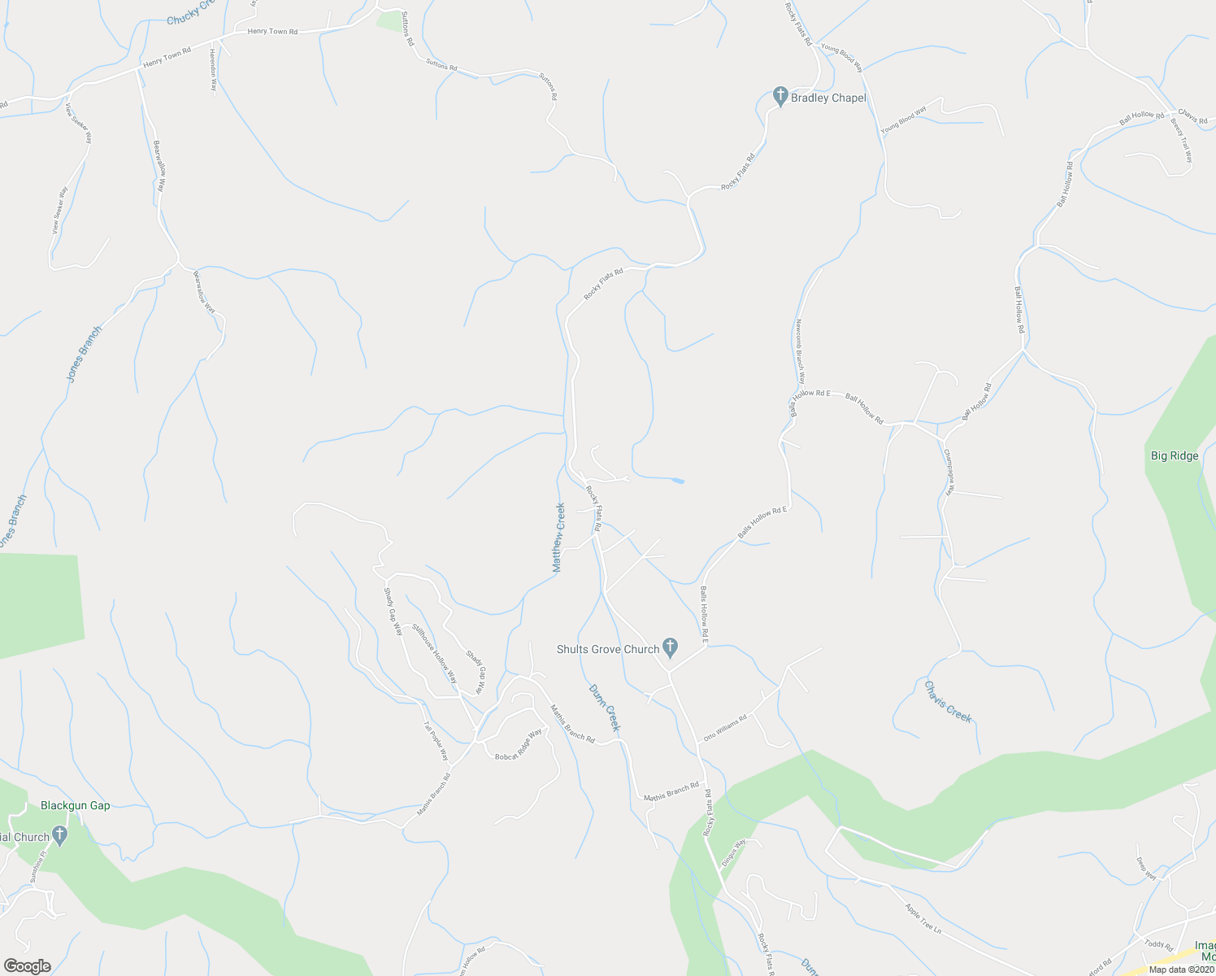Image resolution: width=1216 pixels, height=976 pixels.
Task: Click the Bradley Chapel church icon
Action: [780, 98]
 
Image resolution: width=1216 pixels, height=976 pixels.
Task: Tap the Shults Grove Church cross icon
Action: [670, 648]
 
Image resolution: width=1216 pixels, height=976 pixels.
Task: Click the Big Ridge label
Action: [1175, 455]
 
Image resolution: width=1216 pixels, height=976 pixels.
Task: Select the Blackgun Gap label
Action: [76, 805]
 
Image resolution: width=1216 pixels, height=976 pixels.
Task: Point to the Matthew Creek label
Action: [559, 538]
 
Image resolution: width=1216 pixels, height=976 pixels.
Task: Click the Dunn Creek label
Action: [605, 707]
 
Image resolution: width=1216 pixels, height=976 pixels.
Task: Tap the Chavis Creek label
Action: [948, 701]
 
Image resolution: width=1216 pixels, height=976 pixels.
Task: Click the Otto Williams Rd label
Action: [724, 728]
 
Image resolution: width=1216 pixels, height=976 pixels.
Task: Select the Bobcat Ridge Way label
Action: [519, 744]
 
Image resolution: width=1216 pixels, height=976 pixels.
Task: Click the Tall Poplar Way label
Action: [436, 740]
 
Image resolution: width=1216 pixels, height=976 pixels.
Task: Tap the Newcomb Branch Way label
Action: [800, 349]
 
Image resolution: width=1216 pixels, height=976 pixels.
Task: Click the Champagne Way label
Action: [948, 471]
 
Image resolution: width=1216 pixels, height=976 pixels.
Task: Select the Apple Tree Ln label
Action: [923, 917]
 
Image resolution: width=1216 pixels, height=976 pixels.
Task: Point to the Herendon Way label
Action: [214, 68]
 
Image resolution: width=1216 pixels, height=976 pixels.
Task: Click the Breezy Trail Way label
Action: [1182, 139]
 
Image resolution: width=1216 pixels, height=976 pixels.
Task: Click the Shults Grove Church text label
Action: [608, 649]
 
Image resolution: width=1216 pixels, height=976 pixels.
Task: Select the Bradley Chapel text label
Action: [828, 98]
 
